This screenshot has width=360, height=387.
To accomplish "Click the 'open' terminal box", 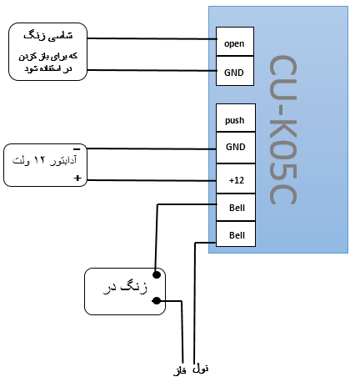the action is (x=235, y=42).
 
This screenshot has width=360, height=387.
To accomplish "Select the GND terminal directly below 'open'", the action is (x=235, y=71).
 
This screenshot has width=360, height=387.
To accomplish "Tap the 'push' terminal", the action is (x=236, y=118).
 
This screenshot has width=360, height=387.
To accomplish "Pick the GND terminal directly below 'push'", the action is (x=236, y=148).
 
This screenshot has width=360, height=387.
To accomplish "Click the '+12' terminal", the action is (x=236, y=178).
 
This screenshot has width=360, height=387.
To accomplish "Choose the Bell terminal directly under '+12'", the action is (x=236, y=208).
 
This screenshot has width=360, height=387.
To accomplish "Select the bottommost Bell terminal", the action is (x=236, y=234).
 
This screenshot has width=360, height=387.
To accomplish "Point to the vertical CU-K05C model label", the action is (x=283, y=130).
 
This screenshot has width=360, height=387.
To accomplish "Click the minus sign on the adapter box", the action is (x=77, y=149).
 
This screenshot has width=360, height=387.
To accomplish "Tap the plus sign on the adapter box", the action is (x=77, y=178).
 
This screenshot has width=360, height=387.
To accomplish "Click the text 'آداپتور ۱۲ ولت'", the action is (x=44, y=160).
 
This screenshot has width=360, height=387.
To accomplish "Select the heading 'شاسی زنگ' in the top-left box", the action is (x=48, y=36).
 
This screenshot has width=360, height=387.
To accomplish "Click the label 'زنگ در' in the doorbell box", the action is (x=125, y=287).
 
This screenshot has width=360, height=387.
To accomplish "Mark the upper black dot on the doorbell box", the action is (x=157, y=274).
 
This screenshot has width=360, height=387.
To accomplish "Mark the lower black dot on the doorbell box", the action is (x=157, y=300).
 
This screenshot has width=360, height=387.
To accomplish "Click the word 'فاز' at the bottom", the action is (x=180, y=371).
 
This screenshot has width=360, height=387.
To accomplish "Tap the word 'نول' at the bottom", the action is (x=200, y=369).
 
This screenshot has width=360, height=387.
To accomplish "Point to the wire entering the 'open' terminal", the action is (x=152, y=38).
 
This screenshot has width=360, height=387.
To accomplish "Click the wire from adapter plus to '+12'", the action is (x=152, y=180).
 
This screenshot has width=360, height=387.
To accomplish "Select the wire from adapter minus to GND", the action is (x=152, y=149).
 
